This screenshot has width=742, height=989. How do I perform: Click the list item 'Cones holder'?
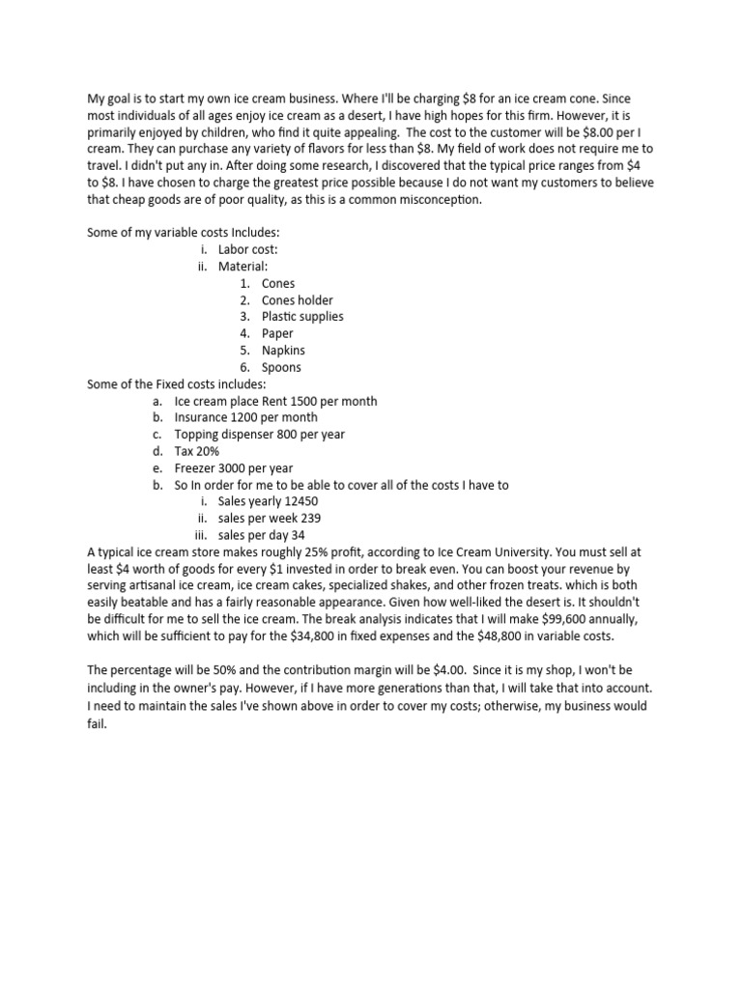point(297,300)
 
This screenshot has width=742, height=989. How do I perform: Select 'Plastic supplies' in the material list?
point(302,317)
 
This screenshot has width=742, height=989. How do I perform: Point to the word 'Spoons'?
point(281,367)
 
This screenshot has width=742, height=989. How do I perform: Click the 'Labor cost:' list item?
point(247,250)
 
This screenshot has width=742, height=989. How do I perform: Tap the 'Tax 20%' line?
point(197,451)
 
